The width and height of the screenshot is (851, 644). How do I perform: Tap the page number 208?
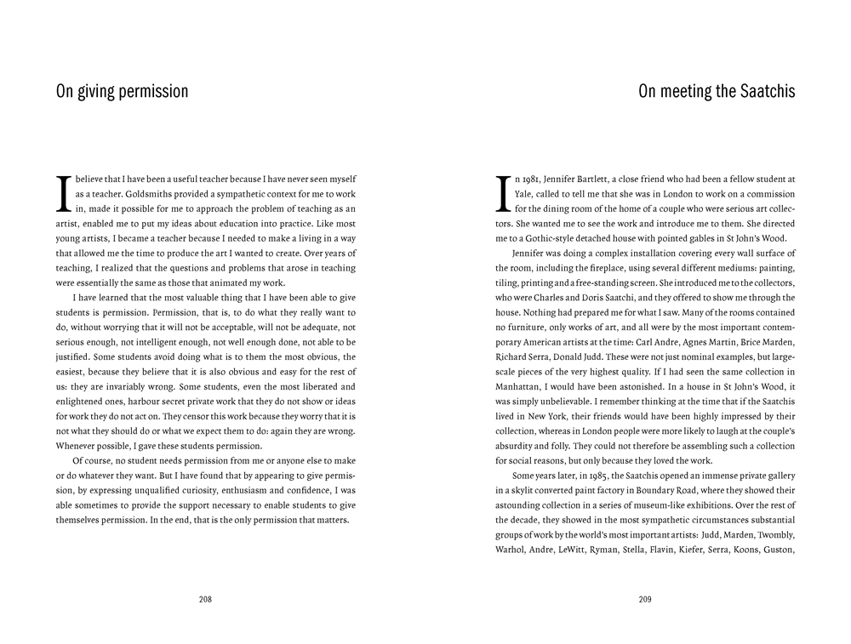click(205, 599)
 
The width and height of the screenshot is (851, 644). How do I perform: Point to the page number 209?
click(644, 599)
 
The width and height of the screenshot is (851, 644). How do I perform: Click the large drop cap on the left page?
click(62, 194)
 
